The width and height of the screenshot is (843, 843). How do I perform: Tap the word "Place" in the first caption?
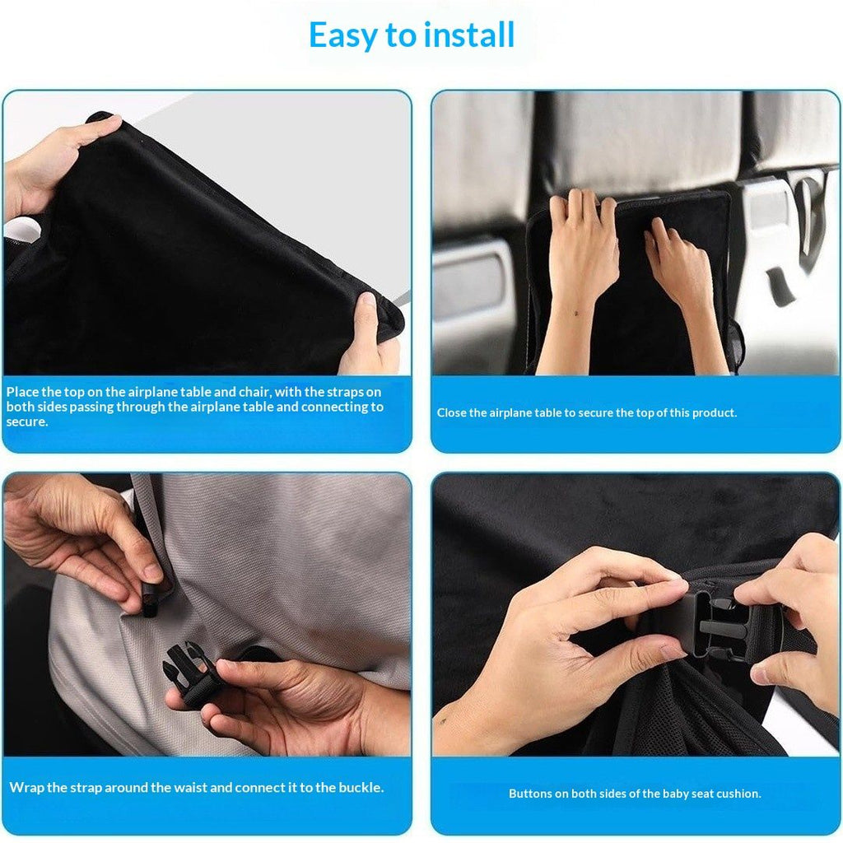click(22, 391)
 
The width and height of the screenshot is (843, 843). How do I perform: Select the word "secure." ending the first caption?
click(27, 422)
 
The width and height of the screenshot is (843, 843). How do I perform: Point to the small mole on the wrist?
click(577, 313)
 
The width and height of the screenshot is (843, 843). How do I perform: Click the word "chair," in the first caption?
click(254, 391)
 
